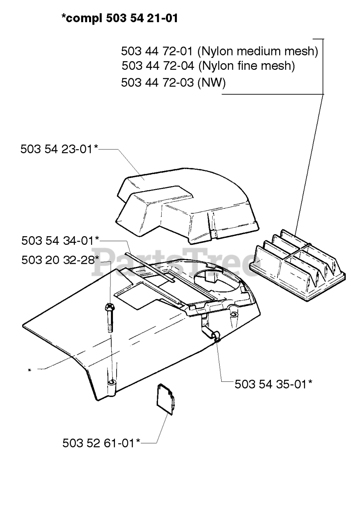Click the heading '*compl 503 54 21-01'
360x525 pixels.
tap(119, 18)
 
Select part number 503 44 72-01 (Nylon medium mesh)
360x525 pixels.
tap(220, 51)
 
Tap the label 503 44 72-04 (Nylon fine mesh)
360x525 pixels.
tap(208, 66)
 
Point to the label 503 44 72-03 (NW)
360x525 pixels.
tap(173, 82)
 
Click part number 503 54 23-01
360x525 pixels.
tap(59, 149)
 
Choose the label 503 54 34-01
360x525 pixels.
tap(60, 241)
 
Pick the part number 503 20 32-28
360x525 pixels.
tap(60, 260)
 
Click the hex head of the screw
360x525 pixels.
tap(110, 306)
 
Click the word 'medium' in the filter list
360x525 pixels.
tap(259, 51)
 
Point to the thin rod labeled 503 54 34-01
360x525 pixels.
tap(150, 267)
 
